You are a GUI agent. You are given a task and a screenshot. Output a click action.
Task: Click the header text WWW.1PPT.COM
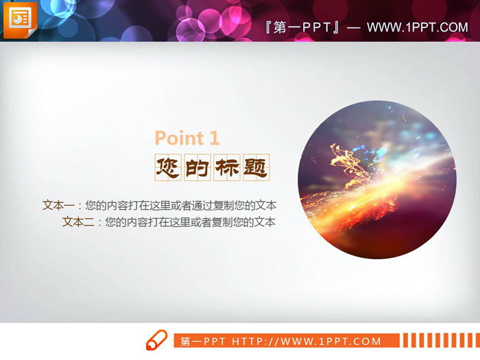point(417,27)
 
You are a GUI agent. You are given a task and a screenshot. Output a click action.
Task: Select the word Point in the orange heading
point(177,138)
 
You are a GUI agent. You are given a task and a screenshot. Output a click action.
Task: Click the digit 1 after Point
point(214,138)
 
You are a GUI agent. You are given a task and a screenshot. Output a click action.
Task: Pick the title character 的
point(197,167)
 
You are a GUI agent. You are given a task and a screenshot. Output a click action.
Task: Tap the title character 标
point(226,167)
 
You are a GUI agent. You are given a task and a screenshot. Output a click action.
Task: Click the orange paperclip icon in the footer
point(157,340)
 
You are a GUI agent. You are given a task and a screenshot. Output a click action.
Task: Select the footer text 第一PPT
point(204,341)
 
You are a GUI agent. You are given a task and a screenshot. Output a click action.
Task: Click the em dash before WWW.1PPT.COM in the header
point(354,27)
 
